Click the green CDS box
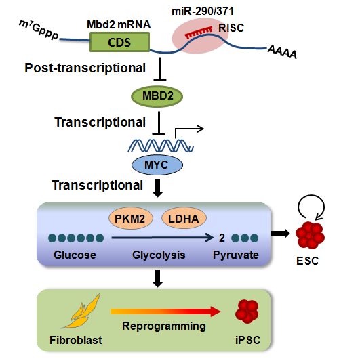pyautogui.click(x=119, y=42)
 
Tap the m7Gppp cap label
pyautogui.click(x=39, y=30)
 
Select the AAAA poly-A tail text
pyautogui.click(x=282, y=52)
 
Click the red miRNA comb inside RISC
pyautogui.click(x=199, y=33)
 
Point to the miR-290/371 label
pyautogui.click(x=203, y=11)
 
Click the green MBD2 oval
pyautogui.click(x=157, y=96)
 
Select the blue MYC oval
pyautogui.click(x=157, y=165)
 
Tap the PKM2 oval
pyautogui.click(x=131, y=218)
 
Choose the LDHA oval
pyautogui.click(x=184, y=218)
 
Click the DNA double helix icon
pyautogui.click(x=161, y=146)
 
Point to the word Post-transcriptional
pyautogui.click(x=85, y=68)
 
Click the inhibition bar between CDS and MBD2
pyautogui.click(x=160, y=69)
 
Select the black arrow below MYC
pyautogui.click(x=158, y=188)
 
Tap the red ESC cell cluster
pyautogui.click(x=310, y=235)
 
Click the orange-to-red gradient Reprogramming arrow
pyautogui.click(x=165, y=312)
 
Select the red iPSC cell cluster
pyautogui.click(x=247, y=312)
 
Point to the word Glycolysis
pyautogui.click(x=159, y=255)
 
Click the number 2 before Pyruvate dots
pyautogui.click(x=222, y=238)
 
